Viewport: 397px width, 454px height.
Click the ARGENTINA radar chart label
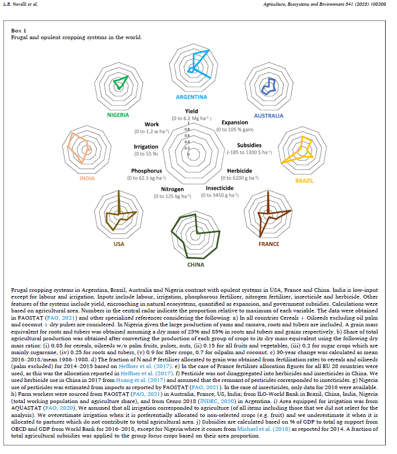(191, 97)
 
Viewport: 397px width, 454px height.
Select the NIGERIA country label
(118, 115)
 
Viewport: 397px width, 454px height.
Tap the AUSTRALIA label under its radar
(268, 116)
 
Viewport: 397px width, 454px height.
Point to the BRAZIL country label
(304, 181)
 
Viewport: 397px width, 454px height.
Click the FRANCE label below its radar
(269, 244)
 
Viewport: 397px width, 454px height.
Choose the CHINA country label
(196, 265)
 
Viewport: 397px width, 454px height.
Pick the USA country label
(118, 244)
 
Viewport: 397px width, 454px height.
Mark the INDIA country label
(87, 180)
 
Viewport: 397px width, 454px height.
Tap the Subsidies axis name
(249, 145)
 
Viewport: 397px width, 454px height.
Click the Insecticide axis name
(219, 188)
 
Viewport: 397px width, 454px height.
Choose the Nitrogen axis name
(172, 189)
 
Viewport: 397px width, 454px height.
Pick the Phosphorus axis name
(146, 171)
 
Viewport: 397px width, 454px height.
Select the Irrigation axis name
(146, 147)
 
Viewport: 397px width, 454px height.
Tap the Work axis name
(152, 124)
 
